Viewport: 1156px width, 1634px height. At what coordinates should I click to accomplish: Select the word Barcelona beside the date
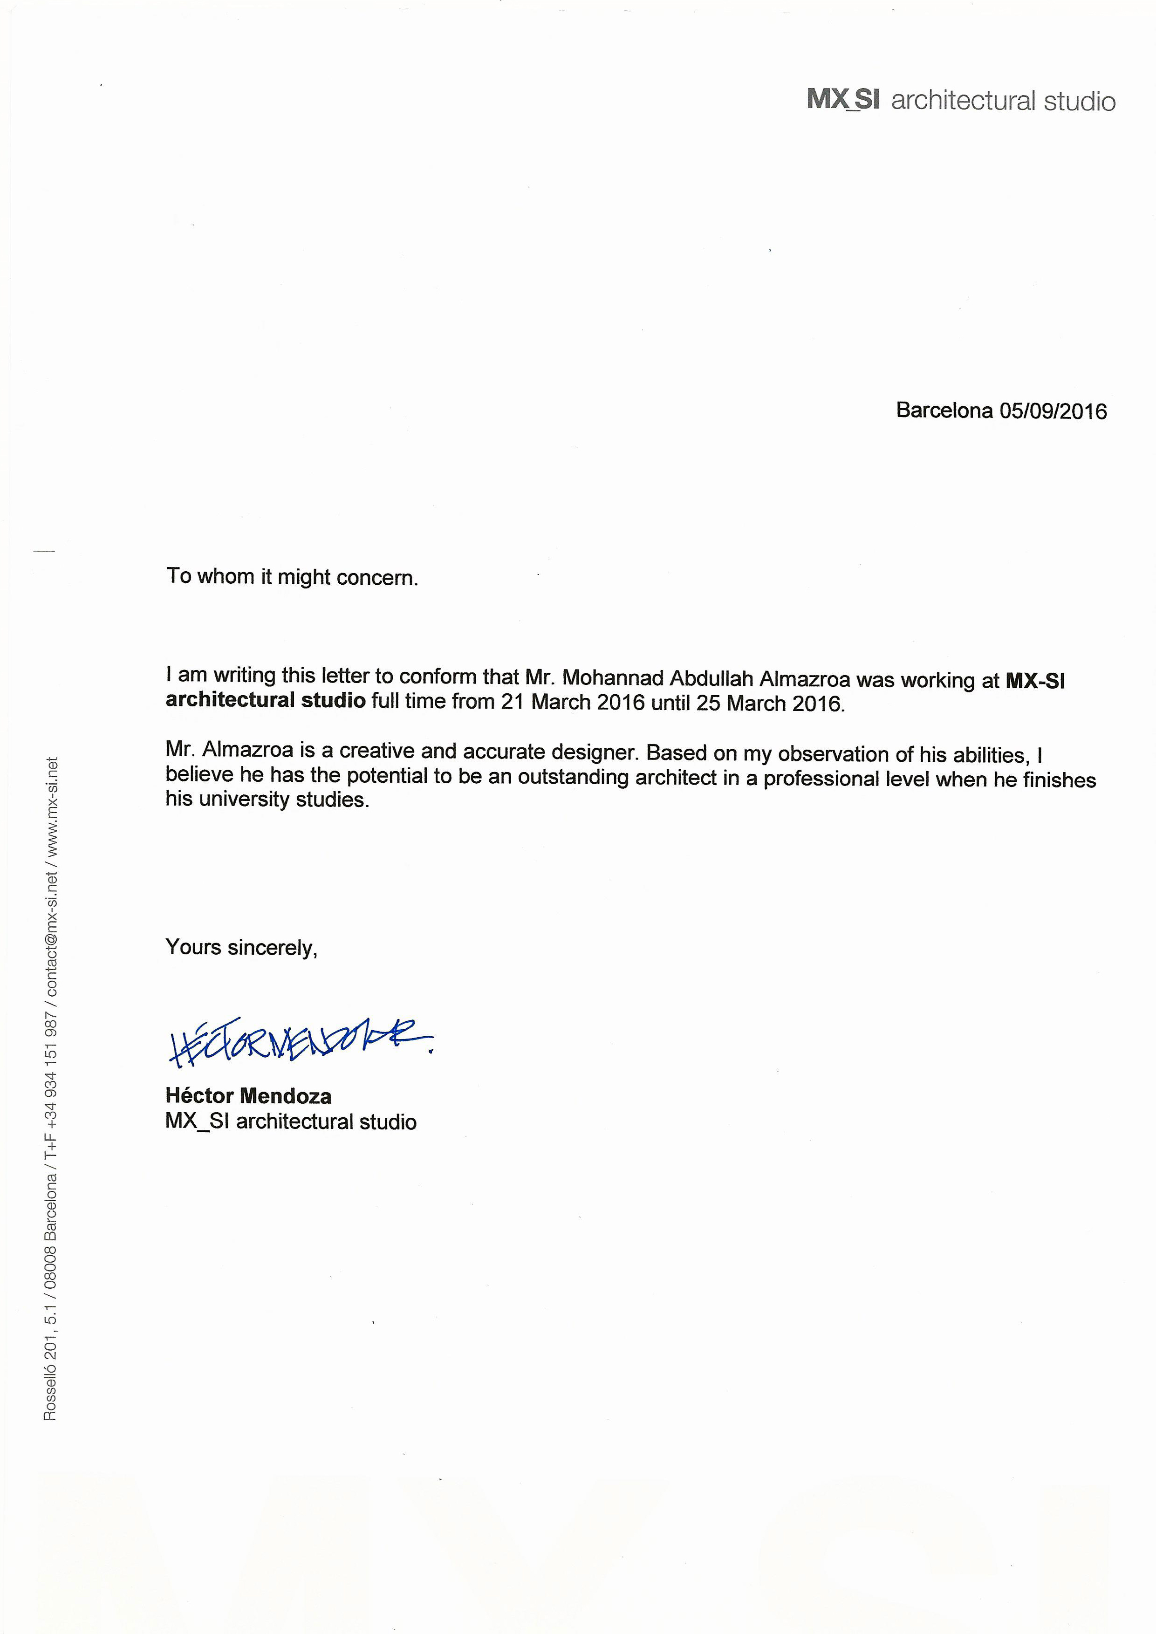click(x=944, y=410)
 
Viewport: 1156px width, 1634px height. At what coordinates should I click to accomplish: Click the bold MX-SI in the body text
click(x=1035, y=681)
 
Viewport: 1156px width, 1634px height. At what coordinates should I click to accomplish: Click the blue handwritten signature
click(x=299, y=1043)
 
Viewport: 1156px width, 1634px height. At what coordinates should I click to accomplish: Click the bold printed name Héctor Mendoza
click(x=248, y=1095)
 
